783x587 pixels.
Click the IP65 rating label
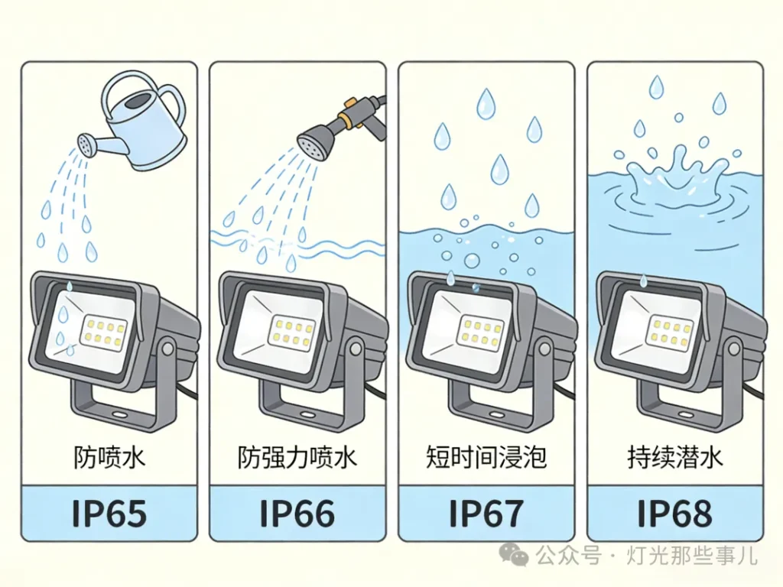pyautogui.click(x=109, y=513)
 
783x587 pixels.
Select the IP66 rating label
pyautogui.click(x=297, y=513)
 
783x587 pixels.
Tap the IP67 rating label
pyautogui.click(x=486, y=513)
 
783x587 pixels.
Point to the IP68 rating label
pyautogui.click(x=674, y=513)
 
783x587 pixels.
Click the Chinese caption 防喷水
pyautogui.click(x=109, y=457)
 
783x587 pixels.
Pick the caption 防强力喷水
pyautogui.click(x=297, y=457)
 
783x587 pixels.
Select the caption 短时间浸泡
pyautogui.click(x=486, y=457)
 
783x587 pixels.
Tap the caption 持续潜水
pyautogui.click(x=674, y=457)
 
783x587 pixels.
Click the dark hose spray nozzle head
pyautogui.click(x=313, y=141)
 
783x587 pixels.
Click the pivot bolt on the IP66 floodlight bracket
pyautogui.click(x=356, y=348)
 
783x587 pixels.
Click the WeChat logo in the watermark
pyautogui.click(x=515, y=553)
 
